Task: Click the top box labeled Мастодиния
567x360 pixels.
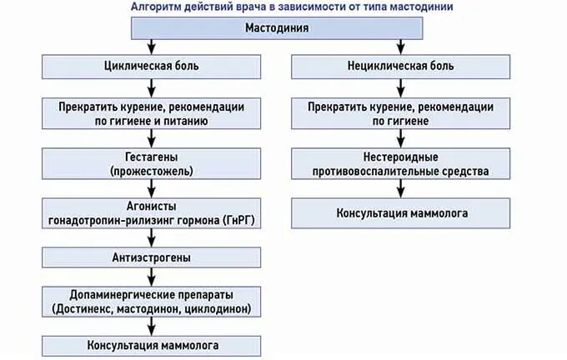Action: [277, 28]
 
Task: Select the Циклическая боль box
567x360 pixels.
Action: [152, 65]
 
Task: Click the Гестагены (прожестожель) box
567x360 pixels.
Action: [152, 163]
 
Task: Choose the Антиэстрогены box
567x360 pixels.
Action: [152, 257]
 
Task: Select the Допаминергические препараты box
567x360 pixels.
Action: [152, 302]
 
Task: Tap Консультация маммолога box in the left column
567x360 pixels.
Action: [152, 344]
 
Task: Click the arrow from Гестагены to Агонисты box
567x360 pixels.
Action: [152, 188]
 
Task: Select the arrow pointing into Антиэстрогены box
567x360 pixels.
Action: [152, 238]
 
